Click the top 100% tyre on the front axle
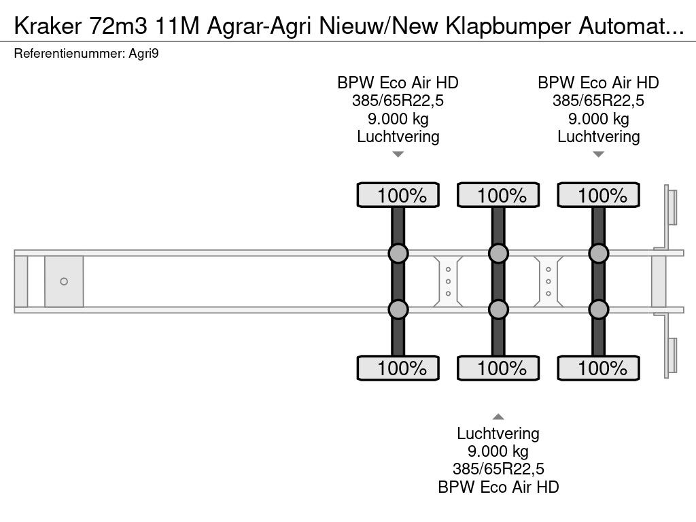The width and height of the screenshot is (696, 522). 398,196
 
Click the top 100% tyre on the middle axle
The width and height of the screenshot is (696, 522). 498,196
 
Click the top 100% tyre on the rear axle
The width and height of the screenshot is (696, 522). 598,196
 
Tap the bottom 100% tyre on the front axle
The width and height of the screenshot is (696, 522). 398,369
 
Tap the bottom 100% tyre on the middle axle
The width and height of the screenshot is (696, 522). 498,369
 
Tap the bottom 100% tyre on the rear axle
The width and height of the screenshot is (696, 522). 598,369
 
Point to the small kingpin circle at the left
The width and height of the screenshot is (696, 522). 64,281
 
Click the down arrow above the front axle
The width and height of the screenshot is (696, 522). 398,154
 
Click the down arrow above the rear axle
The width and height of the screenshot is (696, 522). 598,154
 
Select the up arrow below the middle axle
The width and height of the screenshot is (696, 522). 498,417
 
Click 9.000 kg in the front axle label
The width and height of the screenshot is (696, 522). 398,119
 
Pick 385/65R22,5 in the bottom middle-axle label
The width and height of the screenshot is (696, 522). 498,469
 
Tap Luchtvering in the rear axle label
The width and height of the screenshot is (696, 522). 598,137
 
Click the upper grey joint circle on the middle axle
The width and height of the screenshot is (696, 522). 498,254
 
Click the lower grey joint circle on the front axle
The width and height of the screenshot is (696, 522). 398,310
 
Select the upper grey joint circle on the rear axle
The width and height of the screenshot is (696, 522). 598,254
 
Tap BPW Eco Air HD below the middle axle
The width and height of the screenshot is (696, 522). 498,487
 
